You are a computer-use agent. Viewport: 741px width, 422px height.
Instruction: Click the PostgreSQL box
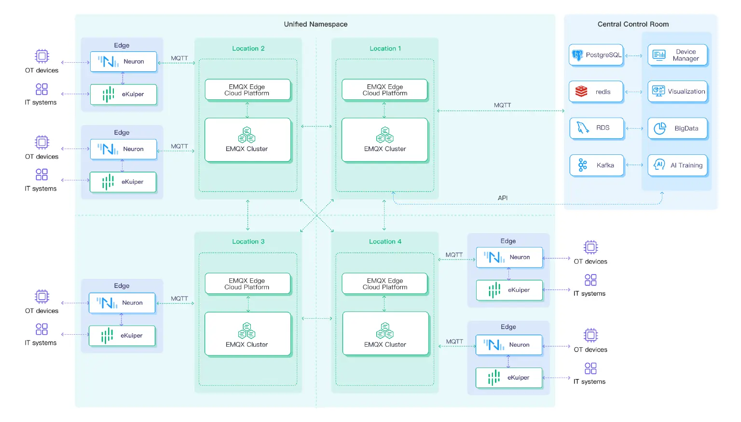(596, 55)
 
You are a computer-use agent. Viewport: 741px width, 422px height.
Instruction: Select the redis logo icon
(581, 91)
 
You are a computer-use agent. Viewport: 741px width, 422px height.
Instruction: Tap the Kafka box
(596, 165)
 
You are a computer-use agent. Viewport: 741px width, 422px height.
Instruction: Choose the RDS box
(596, 128)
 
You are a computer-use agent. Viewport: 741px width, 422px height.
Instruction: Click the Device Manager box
(677, 55)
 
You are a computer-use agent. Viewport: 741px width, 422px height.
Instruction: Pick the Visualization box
(677, 91)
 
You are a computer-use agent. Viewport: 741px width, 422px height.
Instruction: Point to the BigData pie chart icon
(659, 128)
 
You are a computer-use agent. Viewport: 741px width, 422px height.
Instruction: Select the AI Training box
(677, 165)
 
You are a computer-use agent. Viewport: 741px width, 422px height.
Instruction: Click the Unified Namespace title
(316, 24)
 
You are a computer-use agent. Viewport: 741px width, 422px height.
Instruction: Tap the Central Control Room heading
(633, 24)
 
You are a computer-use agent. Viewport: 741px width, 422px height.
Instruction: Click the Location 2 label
(248, 48)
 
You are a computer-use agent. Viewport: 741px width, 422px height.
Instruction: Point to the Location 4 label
(385, 241)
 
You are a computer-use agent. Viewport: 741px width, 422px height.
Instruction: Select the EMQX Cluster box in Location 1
(384, 140)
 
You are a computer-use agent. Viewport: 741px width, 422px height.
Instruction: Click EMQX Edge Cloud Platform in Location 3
(247, 284)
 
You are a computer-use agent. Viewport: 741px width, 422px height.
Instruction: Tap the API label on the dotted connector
(503, 198)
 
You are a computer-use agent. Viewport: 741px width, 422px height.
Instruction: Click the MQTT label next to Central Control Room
(502, 105)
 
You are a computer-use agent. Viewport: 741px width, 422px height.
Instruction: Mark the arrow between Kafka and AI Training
(635, 165)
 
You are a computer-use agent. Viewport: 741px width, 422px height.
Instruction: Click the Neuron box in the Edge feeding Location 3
(122, 303)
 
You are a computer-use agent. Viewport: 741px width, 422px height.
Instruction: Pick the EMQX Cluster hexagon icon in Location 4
(384, 331)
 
